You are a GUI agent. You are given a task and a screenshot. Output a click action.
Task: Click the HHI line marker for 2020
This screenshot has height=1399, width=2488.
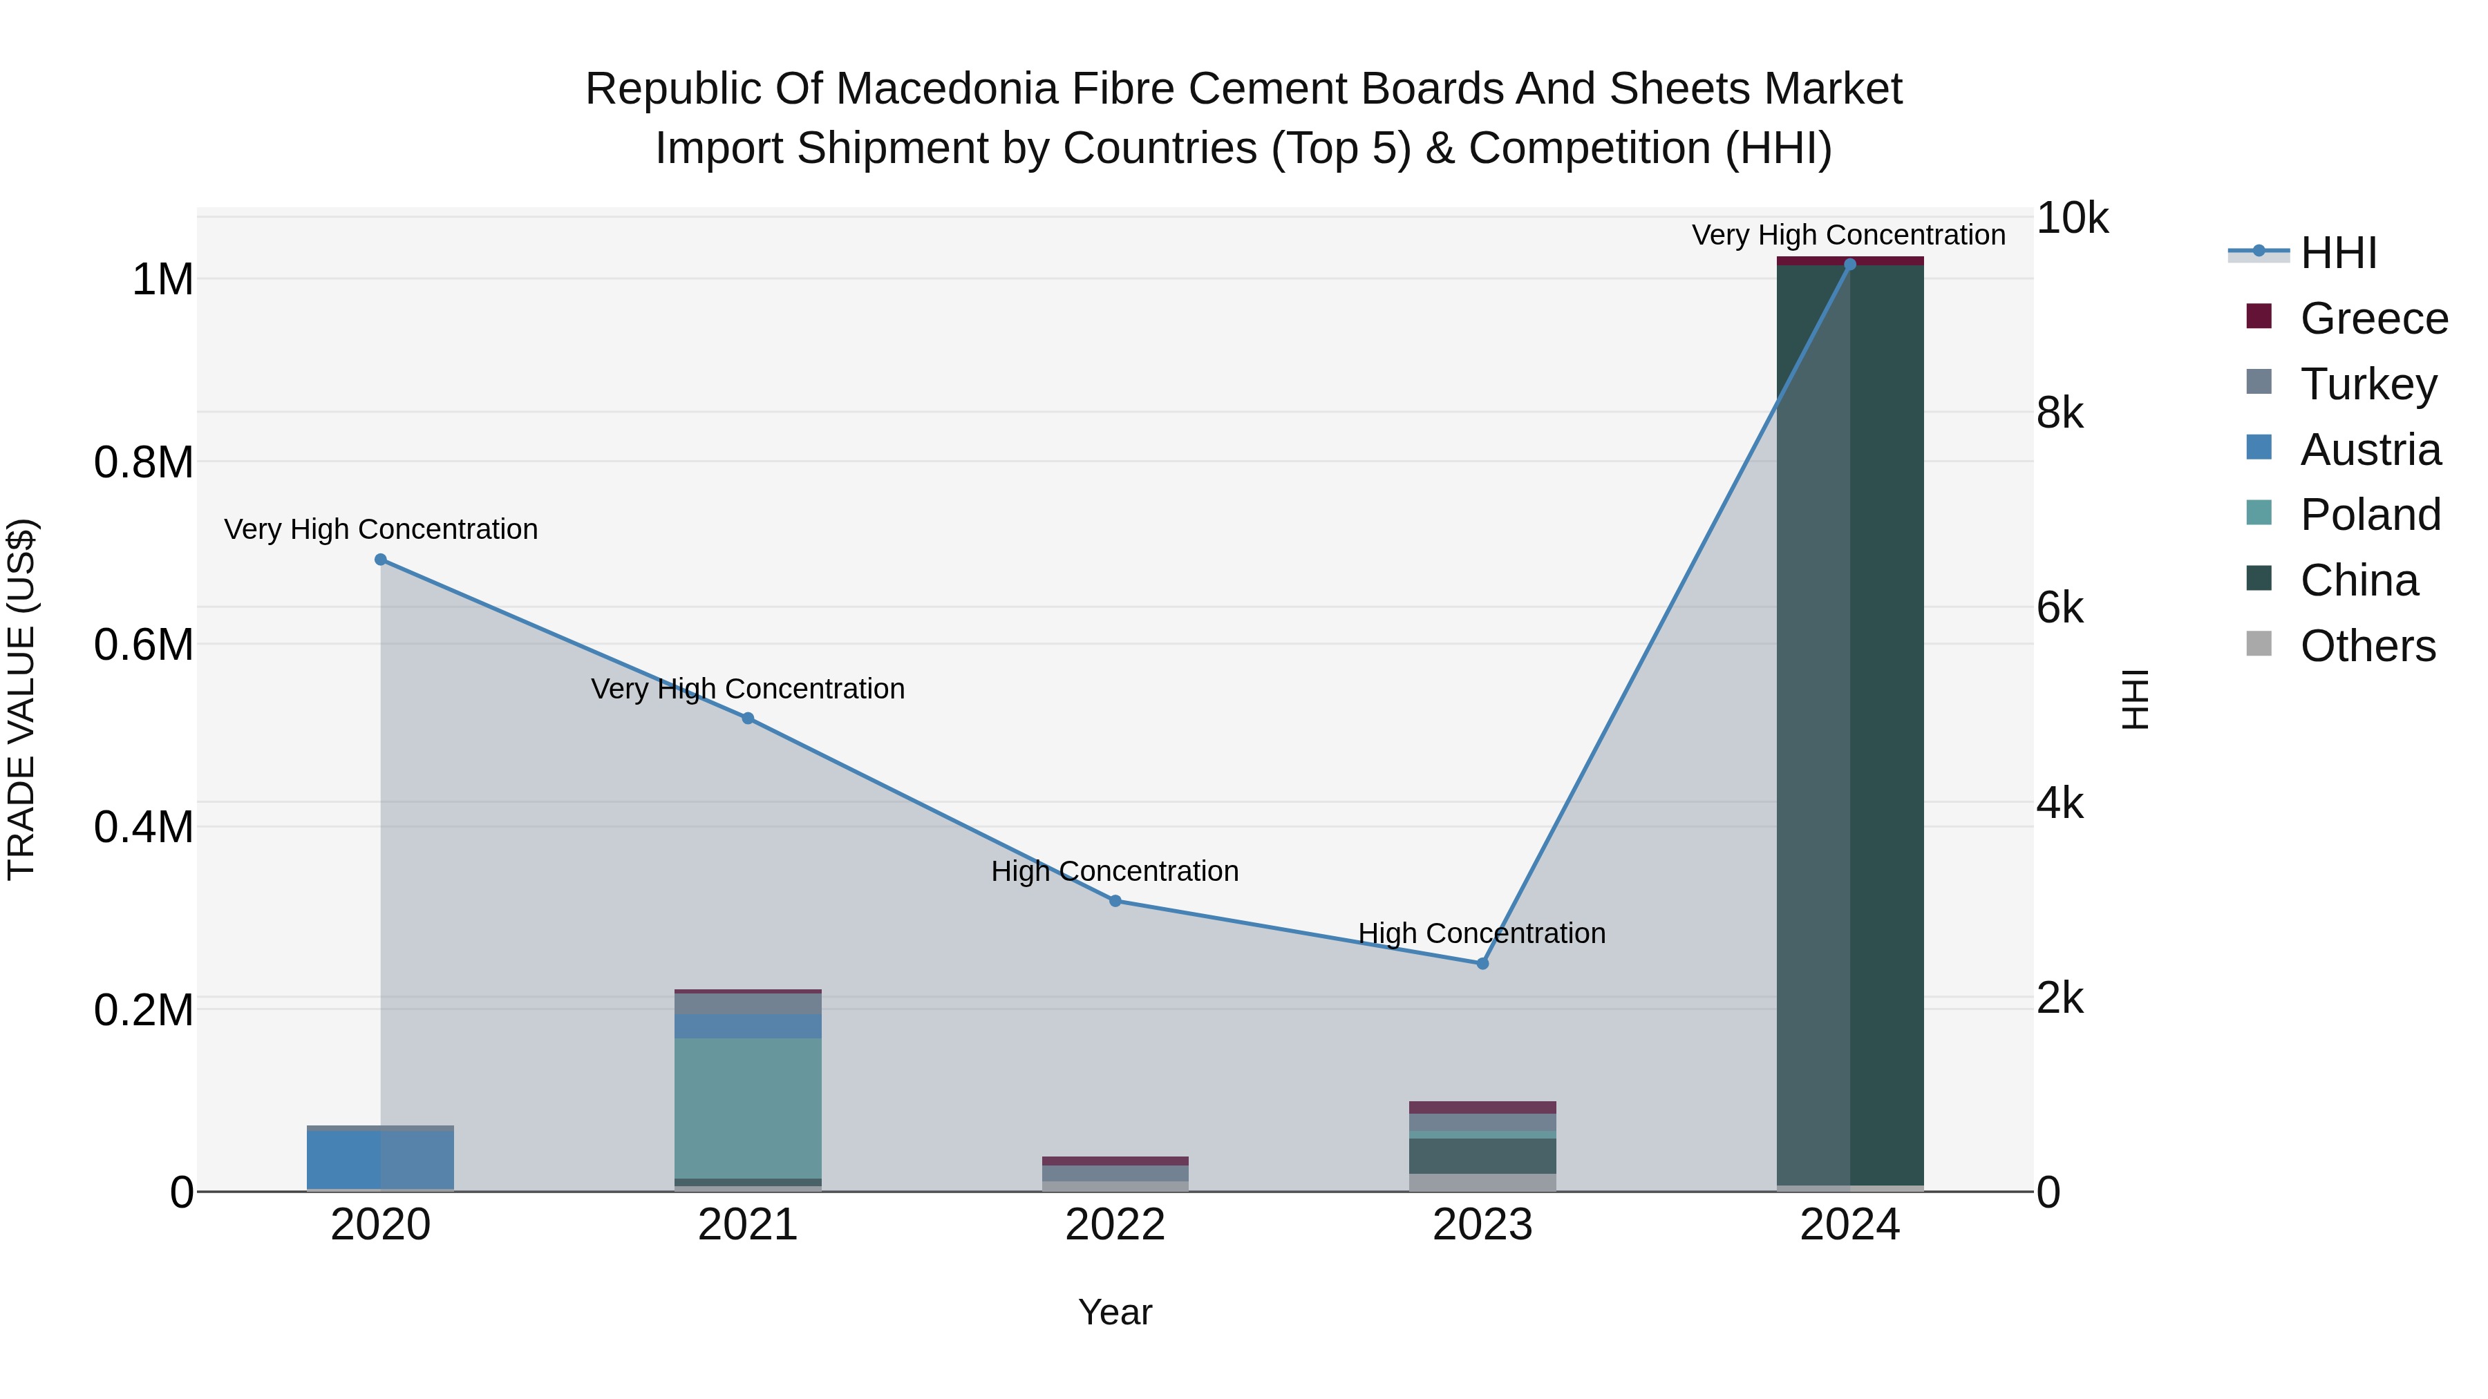(x=381, y=560)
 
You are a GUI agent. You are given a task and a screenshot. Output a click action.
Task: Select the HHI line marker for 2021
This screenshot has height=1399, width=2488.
(x=748, y=718)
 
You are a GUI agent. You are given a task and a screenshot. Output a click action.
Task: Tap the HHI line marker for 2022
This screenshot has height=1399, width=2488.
(x=1115, y=901)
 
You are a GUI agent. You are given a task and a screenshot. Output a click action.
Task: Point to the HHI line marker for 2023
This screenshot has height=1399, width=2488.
(x=1482, y=964)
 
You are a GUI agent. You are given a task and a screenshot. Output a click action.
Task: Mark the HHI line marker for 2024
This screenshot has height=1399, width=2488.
(x=1849, y=265)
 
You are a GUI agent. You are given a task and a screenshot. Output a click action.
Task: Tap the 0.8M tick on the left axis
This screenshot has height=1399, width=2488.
(x=144, y=462)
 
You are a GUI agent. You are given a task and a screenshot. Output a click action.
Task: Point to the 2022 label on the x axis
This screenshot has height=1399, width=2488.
(x=1115, y=1225)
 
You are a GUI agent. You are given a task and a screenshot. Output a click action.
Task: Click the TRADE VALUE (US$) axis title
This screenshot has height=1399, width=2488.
(x=21, y=699)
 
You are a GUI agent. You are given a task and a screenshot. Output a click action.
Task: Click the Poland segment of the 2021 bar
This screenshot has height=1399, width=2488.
(x=748, y=1108)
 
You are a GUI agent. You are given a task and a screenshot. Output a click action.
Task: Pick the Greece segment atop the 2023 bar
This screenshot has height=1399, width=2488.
(x=1482, y=1107)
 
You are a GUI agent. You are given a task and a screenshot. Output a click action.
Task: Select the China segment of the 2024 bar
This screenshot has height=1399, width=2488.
(x=1849, y=724)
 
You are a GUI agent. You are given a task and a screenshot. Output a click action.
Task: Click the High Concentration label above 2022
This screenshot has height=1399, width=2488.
(x=1115, y=872)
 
